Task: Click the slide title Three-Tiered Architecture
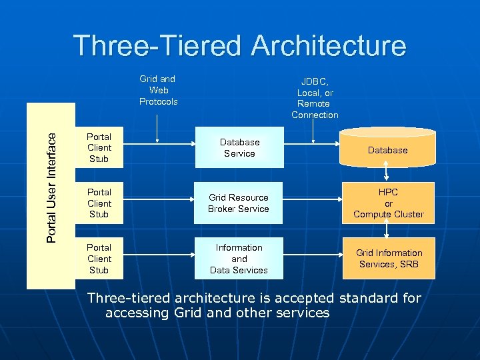point(240,45)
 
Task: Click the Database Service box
point(239,147)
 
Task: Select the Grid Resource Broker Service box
point(239,203)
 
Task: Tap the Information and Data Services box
point(239,258)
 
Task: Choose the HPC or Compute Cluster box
point(388,203)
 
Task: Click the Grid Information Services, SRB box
point(389,258)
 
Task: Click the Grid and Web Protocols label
point(158,90)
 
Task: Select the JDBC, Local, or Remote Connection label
point(315,98)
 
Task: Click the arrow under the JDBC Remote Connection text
point(313,131)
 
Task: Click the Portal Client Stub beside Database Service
point(99,147)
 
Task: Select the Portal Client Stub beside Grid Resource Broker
point(99,203)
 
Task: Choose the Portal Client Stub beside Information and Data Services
point(99,258)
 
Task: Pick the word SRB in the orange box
point(407,264)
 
